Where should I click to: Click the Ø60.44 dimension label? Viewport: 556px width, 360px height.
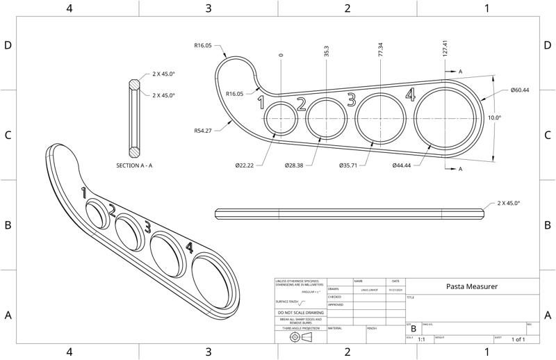pyautogui.click(x=520, y=90)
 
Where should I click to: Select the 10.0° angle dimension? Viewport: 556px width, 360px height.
pyautogui.click(x=494, y=118)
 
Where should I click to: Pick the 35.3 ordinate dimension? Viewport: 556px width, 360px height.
pyautogui.click(x=327, y=54)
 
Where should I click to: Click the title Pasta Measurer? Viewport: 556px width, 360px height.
pyautogui.click(x=471, y=286)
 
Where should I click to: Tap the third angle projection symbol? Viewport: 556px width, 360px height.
pyautogui.click(x=300, y=336)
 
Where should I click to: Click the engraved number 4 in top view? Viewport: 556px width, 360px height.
pyautogui.click(x=410, y=95)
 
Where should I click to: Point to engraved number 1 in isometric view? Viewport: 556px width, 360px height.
pyautogui.click(x=83, y=192)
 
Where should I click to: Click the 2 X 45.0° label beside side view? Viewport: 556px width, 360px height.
pyautogui.click(x=509, y=203)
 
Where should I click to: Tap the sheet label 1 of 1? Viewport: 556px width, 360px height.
pyautogui.click(x=518, y=339)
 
